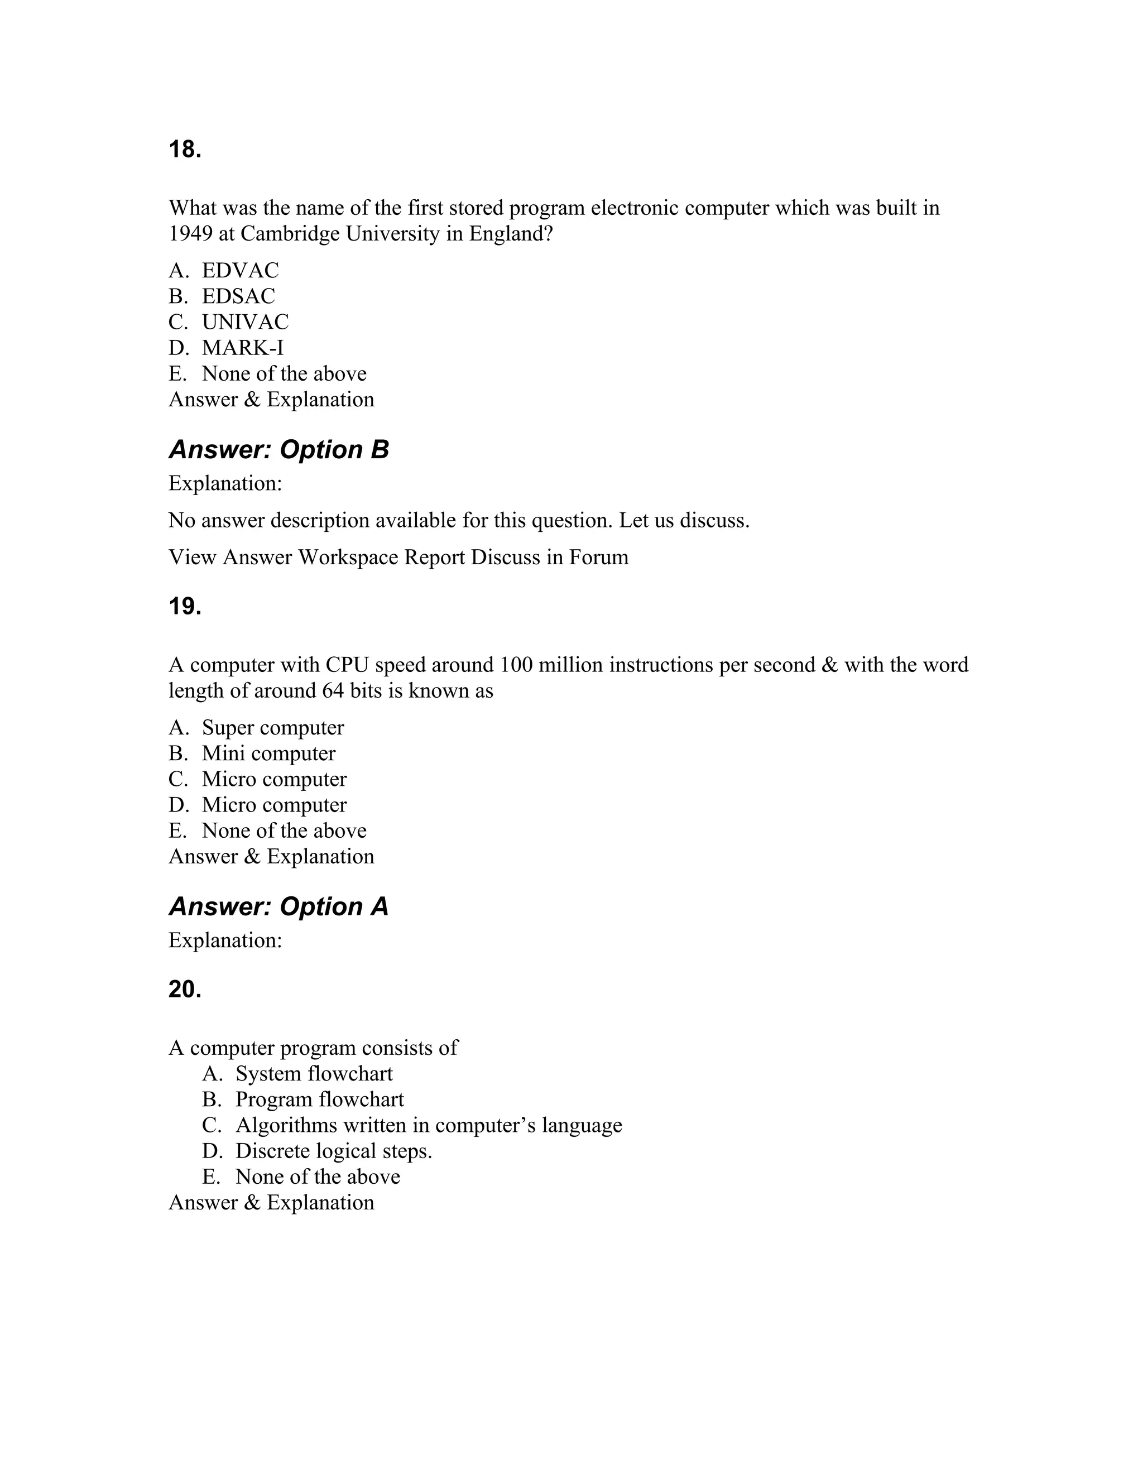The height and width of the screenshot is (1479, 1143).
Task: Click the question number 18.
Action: click(185, 150)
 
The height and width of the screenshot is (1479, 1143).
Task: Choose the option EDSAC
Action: click(238, 296)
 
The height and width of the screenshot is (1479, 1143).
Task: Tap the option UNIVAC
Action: click(245, 321)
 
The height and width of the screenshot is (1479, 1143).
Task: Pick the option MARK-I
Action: click(242, 347)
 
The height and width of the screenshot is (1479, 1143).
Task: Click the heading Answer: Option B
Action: click(278, 450)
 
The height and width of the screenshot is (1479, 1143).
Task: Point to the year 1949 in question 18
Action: click(190, 234)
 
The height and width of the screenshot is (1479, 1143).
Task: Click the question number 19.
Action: click(185, 607)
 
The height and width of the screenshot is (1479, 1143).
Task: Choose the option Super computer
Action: click(273, 727)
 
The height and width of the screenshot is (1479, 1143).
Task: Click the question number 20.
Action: click(185, 990)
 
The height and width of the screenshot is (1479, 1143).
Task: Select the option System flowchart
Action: click(314, 1073)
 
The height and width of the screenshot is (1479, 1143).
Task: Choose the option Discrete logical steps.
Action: click(333, 1151)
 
